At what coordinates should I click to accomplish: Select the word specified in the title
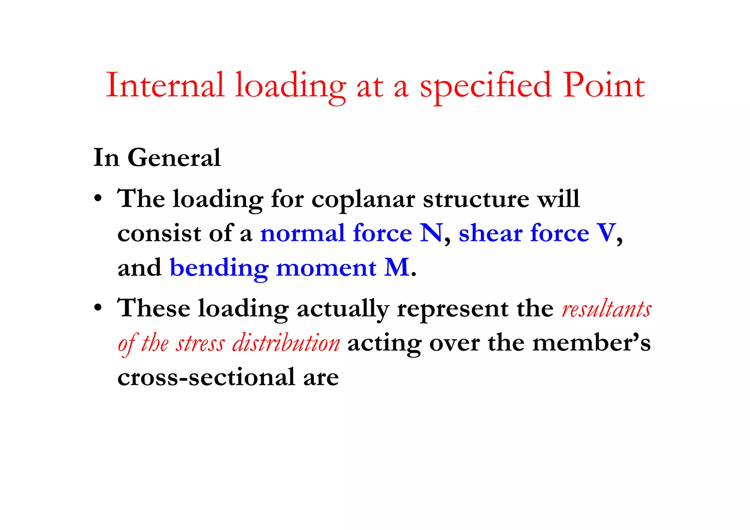(486, 86)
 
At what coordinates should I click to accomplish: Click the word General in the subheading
(174, 158)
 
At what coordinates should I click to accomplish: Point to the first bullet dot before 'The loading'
(97, 200)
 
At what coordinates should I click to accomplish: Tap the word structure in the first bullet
(476, 199)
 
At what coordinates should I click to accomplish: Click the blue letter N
(431, 233)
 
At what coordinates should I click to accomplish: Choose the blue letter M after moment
(397, 267)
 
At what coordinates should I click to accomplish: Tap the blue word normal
(302, 233)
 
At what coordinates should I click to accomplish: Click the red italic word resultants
(606, 309)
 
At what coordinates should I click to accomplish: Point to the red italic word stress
(200, 343)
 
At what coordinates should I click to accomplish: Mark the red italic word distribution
(286, 343)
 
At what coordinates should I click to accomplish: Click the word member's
(591, 343)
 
